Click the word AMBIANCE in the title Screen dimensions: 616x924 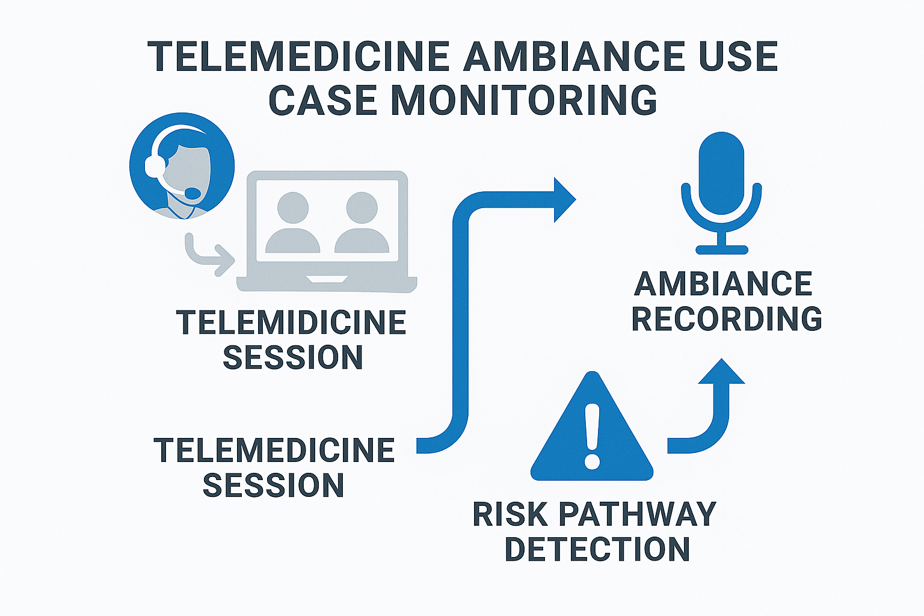(x=574, y=57)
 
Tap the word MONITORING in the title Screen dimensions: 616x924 (x=523, y=100)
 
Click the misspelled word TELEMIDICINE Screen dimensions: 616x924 (x=291, y=323)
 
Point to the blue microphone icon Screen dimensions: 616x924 (x=721, y=180)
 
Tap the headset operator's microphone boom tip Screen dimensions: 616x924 (x=192, y=193)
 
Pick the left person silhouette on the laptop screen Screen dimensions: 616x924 (x=293, y=223)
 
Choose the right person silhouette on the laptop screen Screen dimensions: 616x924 (x=362, y=223)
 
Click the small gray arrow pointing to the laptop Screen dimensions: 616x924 (x=211, y=257)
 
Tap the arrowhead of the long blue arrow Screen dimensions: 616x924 (x=563, y=200)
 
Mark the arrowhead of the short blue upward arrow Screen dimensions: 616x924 (x=721, y=372)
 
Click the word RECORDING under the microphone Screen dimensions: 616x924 (x=727, y=319)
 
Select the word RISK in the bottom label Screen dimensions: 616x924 (x=510, y=515)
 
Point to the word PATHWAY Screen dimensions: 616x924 (x=638, y=515)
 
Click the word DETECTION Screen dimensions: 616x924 (x=597, y=550)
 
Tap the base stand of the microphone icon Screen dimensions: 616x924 (x=721, y=248)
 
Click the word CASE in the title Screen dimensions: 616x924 (x=322, y=100)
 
